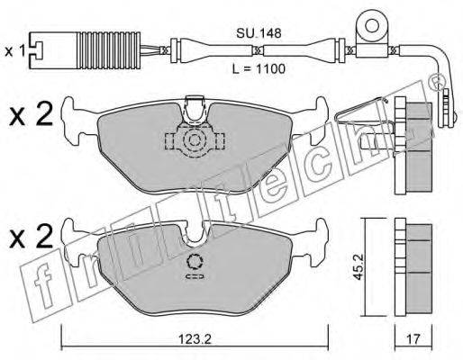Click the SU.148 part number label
click(x=259, y=33)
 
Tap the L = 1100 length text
click(x=259, y=69)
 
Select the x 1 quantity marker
click(x=14, y=51)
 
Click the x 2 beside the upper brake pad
click(x=31, y=114)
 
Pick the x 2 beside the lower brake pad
click(x=31, y=236)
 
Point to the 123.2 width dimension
click(x=195, y=339)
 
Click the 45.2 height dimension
click(x=358, y=267)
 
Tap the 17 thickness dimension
click(x=413, y=339)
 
